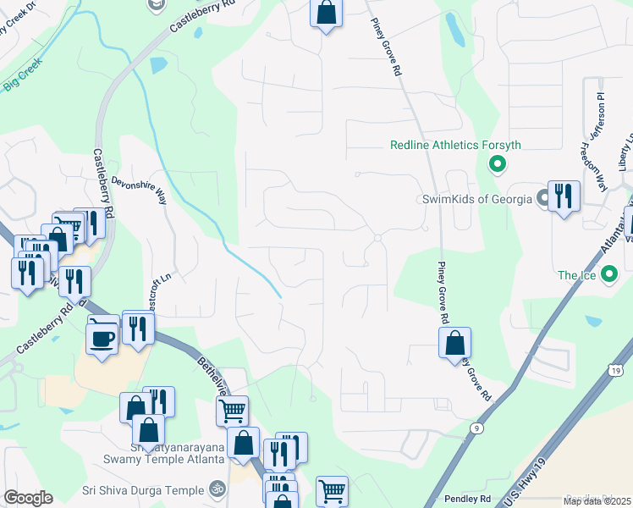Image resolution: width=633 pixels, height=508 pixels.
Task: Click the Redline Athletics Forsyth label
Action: coord(455,145)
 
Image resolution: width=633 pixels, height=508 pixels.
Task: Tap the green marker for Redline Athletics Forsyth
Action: coord(498,164)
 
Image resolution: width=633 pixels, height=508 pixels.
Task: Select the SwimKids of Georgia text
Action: coord(477,199)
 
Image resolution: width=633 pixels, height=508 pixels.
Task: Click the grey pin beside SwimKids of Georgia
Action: coord(542,199)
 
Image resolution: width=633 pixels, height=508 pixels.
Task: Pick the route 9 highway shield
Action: coord(478,429)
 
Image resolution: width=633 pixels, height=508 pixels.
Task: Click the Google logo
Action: coord(28,498)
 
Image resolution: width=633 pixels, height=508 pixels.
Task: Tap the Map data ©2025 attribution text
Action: coord(596,501)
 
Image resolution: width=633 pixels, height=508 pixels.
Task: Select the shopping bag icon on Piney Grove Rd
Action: coord(454,342)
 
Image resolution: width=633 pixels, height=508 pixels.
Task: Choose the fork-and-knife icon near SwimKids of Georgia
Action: coord(564,196)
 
